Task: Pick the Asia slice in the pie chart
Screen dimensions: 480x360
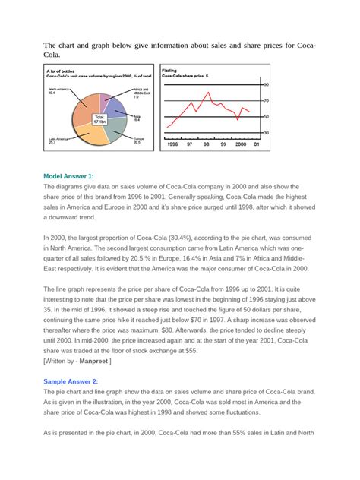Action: [x=122, y=113]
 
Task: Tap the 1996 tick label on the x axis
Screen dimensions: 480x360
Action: [x=172, y=144]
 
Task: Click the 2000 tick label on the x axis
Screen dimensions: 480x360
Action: [x=241, y=144]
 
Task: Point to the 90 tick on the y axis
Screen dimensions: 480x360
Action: [x=265, y=84]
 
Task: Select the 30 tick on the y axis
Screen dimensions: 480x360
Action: [x=265, y=133]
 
